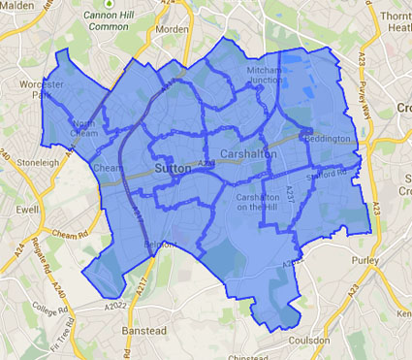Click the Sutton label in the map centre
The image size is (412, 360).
tap(172, 168)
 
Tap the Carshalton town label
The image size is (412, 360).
tap(249, 155)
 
